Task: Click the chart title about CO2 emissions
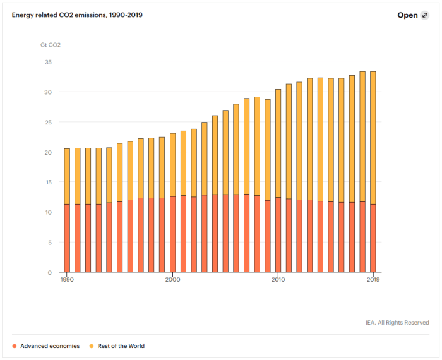(x=77, y=15)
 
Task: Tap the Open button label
(x=407, y=15)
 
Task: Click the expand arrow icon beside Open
(x=424, y=15)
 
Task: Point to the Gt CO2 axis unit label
(x=51, y=45)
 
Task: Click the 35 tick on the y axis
(x=48, y=62)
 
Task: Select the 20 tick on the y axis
(x=48, y=152)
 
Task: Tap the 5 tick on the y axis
(x=50, y=243)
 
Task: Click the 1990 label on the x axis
(x=67, y=279)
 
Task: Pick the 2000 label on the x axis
(x=172, y=279)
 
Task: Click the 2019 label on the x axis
(x=373, y=279)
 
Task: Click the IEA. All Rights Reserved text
(x=397, y=323)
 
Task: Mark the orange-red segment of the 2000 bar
(x=172, y=234)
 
